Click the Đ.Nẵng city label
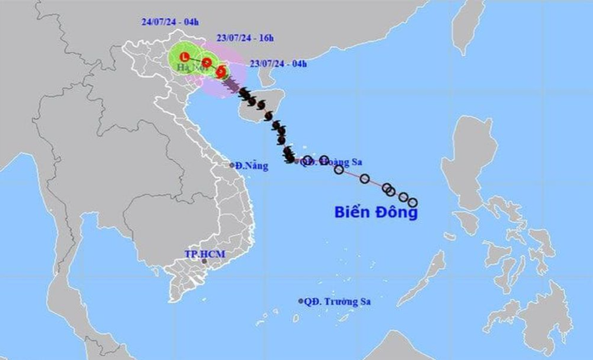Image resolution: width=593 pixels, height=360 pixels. point(252,165)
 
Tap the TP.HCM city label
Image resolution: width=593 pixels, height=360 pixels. point(202,254)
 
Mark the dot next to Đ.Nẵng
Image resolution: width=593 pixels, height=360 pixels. point(232,164)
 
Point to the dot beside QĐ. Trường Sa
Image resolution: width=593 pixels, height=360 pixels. point(301,300)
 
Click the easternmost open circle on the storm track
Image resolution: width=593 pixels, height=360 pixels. point(413,203)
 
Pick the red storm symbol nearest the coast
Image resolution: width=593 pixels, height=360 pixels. point(222,73)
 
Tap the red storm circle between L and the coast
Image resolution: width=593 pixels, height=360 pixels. point(207,61)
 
